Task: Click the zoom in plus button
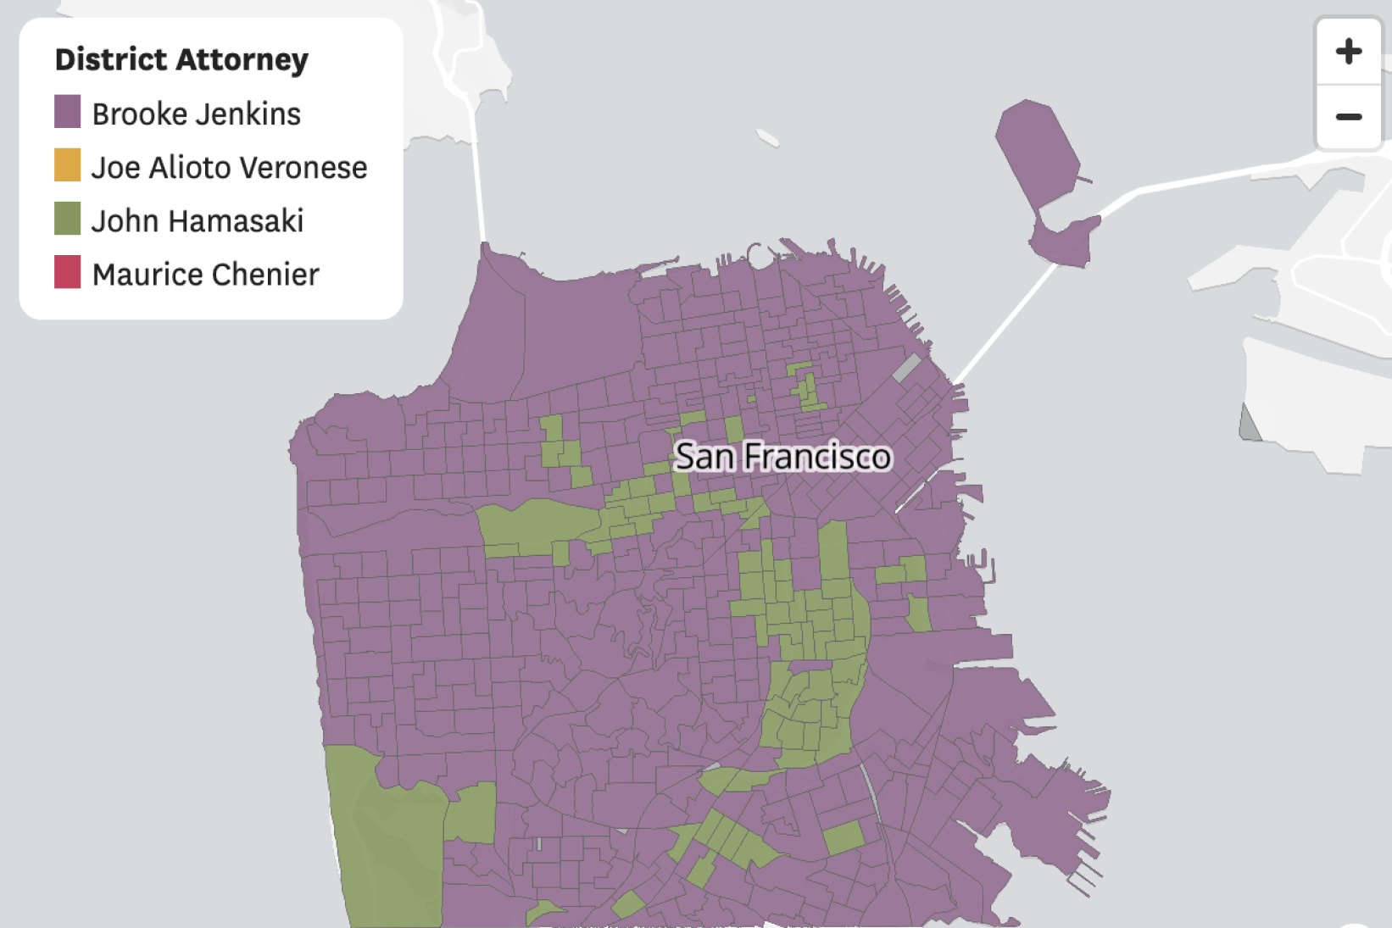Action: tap(1348, 52)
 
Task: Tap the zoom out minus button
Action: tap(1348, 117)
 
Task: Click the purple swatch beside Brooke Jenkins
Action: tap(68, 112)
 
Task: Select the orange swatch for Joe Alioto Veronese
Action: tap(68, 165)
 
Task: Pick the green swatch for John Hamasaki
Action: tap(68, 219)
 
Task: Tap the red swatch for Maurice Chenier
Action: tap(68, 272)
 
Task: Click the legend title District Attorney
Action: tap(181, 59)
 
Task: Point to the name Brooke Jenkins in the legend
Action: tap(196, 114)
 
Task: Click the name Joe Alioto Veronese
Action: tap(229, 168)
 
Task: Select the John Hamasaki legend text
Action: tap(197, 221)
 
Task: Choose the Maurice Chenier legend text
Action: tap(205, 275)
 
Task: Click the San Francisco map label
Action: tap(782, 457)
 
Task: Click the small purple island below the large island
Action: tap(1064, 241)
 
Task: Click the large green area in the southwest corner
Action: tap(390, 839)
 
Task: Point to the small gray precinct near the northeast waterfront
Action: tap(906, 368)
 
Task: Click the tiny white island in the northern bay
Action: tap(767, 137)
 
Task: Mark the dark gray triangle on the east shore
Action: tap(1249, 425)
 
